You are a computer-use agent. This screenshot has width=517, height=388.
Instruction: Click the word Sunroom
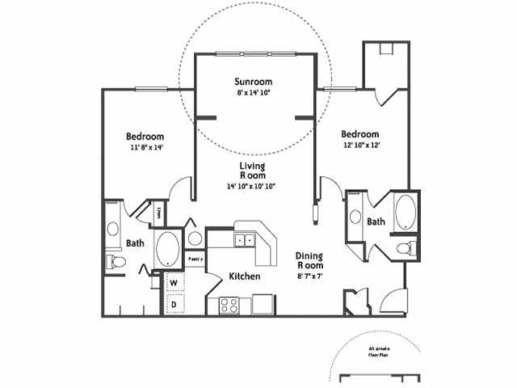click(253, 82)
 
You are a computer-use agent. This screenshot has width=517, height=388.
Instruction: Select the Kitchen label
click(244, 276)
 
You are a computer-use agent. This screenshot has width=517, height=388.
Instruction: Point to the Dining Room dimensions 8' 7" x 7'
click(309, 276)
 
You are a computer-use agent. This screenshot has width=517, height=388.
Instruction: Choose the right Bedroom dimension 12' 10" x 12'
click(359, 145)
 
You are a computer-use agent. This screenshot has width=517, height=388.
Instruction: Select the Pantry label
click(195, 259)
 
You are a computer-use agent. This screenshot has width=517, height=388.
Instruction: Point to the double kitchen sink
click(245, 240)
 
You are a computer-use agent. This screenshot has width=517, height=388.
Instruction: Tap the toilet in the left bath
click(116, 261)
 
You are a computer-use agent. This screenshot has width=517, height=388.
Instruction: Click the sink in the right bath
click(355, 216)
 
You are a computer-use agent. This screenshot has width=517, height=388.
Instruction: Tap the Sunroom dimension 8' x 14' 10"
click(253, 93)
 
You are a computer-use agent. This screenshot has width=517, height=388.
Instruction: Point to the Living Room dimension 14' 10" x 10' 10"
click(252, 187)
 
